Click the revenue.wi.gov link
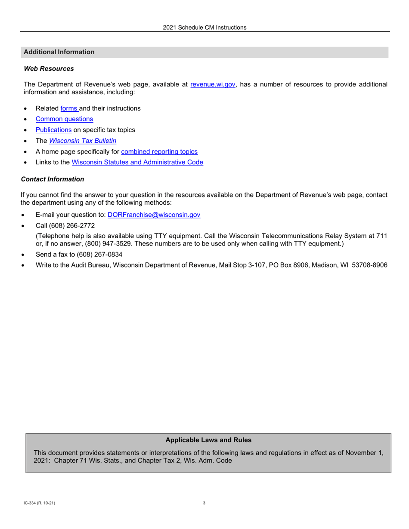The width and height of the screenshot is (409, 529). (x=213, y=85)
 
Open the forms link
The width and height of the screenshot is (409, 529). (x=69, y=108)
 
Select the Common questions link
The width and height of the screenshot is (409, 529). (x=64, y=119)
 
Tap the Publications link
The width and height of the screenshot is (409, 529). (x=53, y=130)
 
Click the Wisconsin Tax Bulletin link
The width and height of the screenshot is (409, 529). (x=83, y=141)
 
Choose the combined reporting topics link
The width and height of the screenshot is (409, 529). (x=159, y=151)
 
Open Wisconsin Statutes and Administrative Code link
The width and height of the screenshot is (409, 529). (x=137, y=162)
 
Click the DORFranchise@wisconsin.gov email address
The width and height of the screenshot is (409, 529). (x=154, y=215)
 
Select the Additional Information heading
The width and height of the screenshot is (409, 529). (x=59, y=52)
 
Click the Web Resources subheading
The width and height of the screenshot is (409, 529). (x=49, y=68)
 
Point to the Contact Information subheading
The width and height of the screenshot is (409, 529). (x=53, y=179)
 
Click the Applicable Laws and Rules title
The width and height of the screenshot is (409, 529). (x=208, y=440)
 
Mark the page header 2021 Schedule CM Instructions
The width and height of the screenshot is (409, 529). (x=204, y=28)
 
